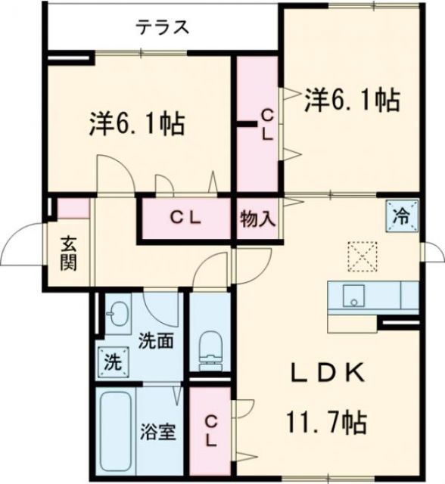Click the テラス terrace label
click(x=161, y=28)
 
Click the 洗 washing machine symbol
click(x=110, y=361)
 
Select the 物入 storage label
click(x=257, y=220)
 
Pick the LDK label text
click(x=329, y=373)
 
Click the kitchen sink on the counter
click(x=352, y=295)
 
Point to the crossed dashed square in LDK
click(x=362, y=256)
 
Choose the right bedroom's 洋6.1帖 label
click(x=352, y=101)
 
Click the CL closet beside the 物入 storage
click(x=185, y=219)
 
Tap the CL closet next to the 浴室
click(x=210, y=430)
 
